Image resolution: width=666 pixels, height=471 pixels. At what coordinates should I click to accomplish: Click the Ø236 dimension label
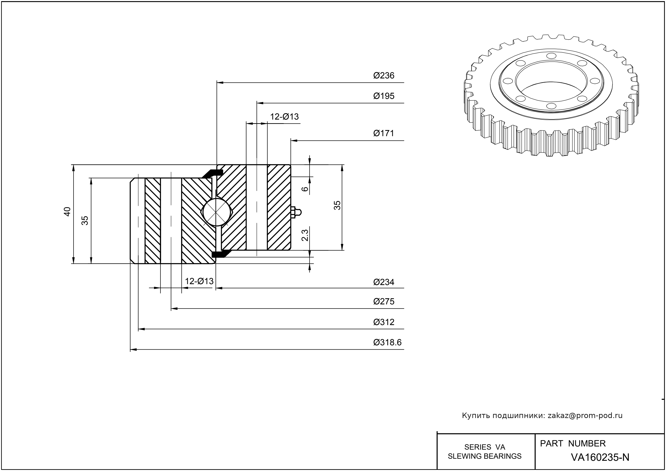[384, 76]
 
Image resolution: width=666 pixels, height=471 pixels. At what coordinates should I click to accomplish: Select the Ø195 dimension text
[384, 96]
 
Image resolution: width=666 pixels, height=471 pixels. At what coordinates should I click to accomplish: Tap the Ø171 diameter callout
[384, 133]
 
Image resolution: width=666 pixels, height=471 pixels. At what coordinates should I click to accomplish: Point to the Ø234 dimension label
[384, 282]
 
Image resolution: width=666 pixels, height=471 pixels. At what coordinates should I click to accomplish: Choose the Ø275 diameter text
[384, 302]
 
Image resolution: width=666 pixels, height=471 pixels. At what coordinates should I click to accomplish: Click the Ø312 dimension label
[384, 322]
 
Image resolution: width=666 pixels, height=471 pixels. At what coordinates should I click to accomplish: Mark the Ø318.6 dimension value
[387, 343]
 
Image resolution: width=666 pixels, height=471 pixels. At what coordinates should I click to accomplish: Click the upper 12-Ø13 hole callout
[284, 117]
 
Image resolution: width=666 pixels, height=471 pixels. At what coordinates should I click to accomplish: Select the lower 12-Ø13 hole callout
[199, 281]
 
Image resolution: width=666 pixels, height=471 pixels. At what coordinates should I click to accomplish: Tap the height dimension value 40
[67, 211]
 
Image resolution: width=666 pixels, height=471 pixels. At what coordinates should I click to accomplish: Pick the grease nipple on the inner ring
[296, 212]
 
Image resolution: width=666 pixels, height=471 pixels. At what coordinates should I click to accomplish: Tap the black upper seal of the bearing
[213, 173]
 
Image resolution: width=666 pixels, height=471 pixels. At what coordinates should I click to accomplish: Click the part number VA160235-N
[600, 457]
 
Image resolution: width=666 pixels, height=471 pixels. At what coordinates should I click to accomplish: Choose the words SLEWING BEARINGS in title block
[485, 456]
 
